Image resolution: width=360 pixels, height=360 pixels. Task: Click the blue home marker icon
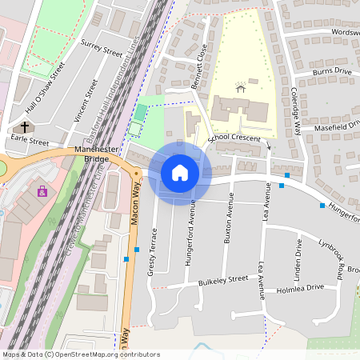pyautogui.click(x=180, y=172)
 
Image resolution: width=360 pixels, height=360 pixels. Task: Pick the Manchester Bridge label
pyautogui.click(x=96, y=154)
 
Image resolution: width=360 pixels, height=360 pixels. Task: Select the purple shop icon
pyautogui.click(x=42, y=191)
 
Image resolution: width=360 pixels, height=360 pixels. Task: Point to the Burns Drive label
pyautogui.click(x=332, y=71)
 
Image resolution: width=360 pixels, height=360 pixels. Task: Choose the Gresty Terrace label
pyautogui.click(x=151, y=251)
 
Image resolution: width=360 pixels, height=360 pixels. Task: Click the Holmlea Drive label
pyautogui.click(x=300, y=287)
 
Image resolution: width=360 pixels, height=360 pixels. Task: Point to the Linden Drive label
pyautogui.click(x=298, y=258)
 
